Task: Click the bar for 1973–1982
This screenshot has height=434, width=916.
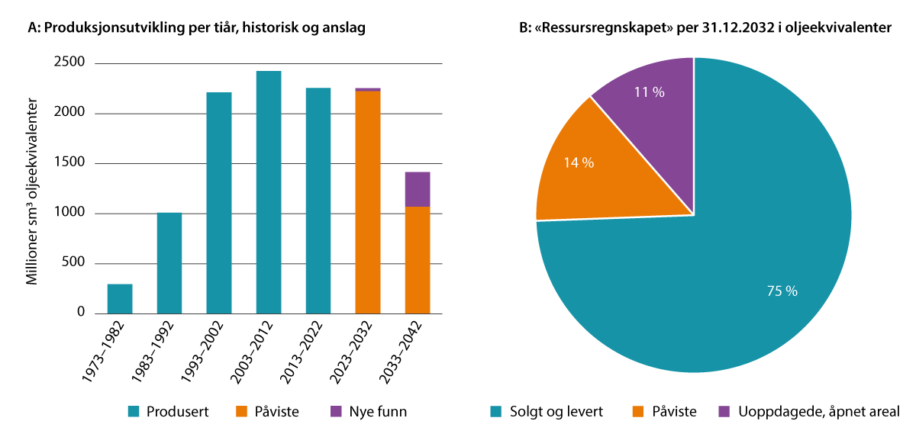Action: click(120, 299)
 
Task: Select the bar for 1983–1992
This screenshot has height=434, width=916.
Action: click(169, 263)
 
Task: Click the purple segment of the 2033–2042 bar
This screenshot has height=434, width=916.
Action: click(418, 189)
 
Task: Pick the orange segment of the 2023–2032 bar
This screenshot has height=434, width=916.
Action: click(368, 202)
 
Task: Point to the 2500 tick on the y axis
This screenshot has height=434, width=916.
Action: click(69, 63)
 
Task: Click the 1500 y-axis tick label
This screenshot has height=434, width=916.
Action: click(69, 163)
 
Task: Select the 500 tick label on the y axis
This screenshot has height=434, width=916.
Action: click(74, 263)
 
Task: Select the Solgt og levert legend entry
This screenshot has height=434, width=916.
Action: click(546, 412)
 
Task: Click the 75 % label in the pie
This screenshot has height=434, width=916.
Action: click(782, 291)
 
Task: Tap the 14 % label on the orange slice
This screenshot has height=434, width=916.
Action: click(579, 162)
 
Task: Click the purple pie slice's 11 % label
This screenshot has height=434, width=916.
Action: click(649, 92)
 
